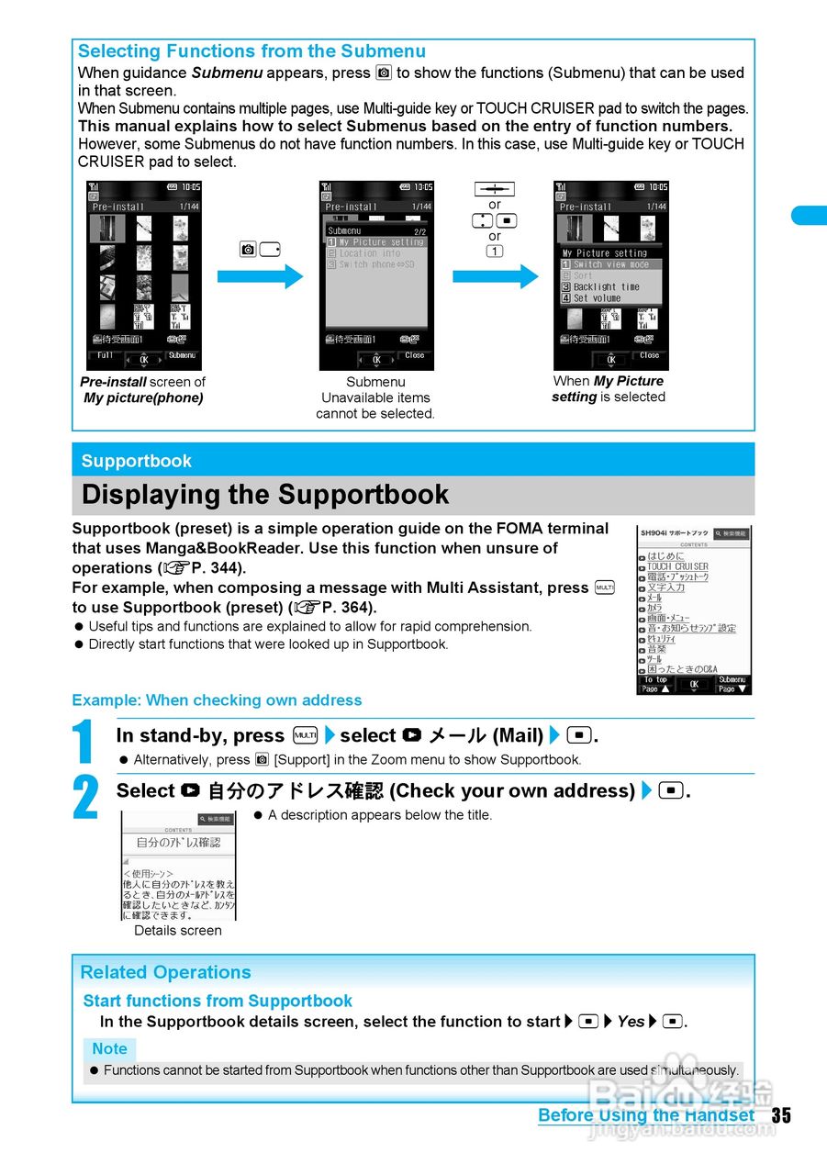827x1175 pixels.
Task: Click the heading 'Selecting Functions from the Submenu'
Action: pos(251,51)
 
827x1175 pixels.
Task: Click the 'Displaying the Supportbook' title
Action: pos(265,495)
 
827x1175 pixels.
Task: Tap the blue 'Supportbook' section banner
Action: pos(137,461)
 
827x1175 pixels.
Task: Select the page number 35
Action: pos(780,1115)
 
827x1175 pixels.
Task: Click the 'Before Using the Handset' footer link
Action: pos(646,1115)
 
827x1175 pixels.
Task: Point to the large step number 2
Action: pos(84,798)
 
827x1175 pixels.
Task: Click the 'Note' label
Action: pos(109,1048)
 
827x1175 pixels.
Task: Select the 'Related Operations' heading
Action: pos(165,972)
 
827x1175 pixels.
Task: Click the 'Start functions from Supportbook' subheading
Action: pos(218,1001)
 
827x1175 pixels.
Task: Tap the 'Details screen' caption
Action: pos(178,930)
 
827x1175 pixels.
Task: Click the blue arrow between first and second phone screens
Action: pos(260,276)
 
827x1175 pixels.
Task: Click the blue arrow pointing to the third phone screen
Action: pos(496,276)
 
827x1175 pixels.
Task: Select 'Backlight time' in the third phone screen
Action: pos(606,286)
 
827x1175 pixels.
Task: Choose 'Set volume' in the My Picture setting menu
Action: pos(597,298)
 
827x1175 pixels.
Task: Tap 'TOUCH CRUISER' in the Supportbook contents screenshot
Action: pos(677,566)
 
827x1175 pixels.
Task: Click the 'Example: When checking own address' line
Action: pos(197,700)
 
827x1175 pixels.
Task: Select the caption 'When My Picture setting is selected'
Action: pos(608,389)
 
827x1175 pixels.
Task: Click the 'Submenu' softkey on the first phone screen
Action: pos(182,355)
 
